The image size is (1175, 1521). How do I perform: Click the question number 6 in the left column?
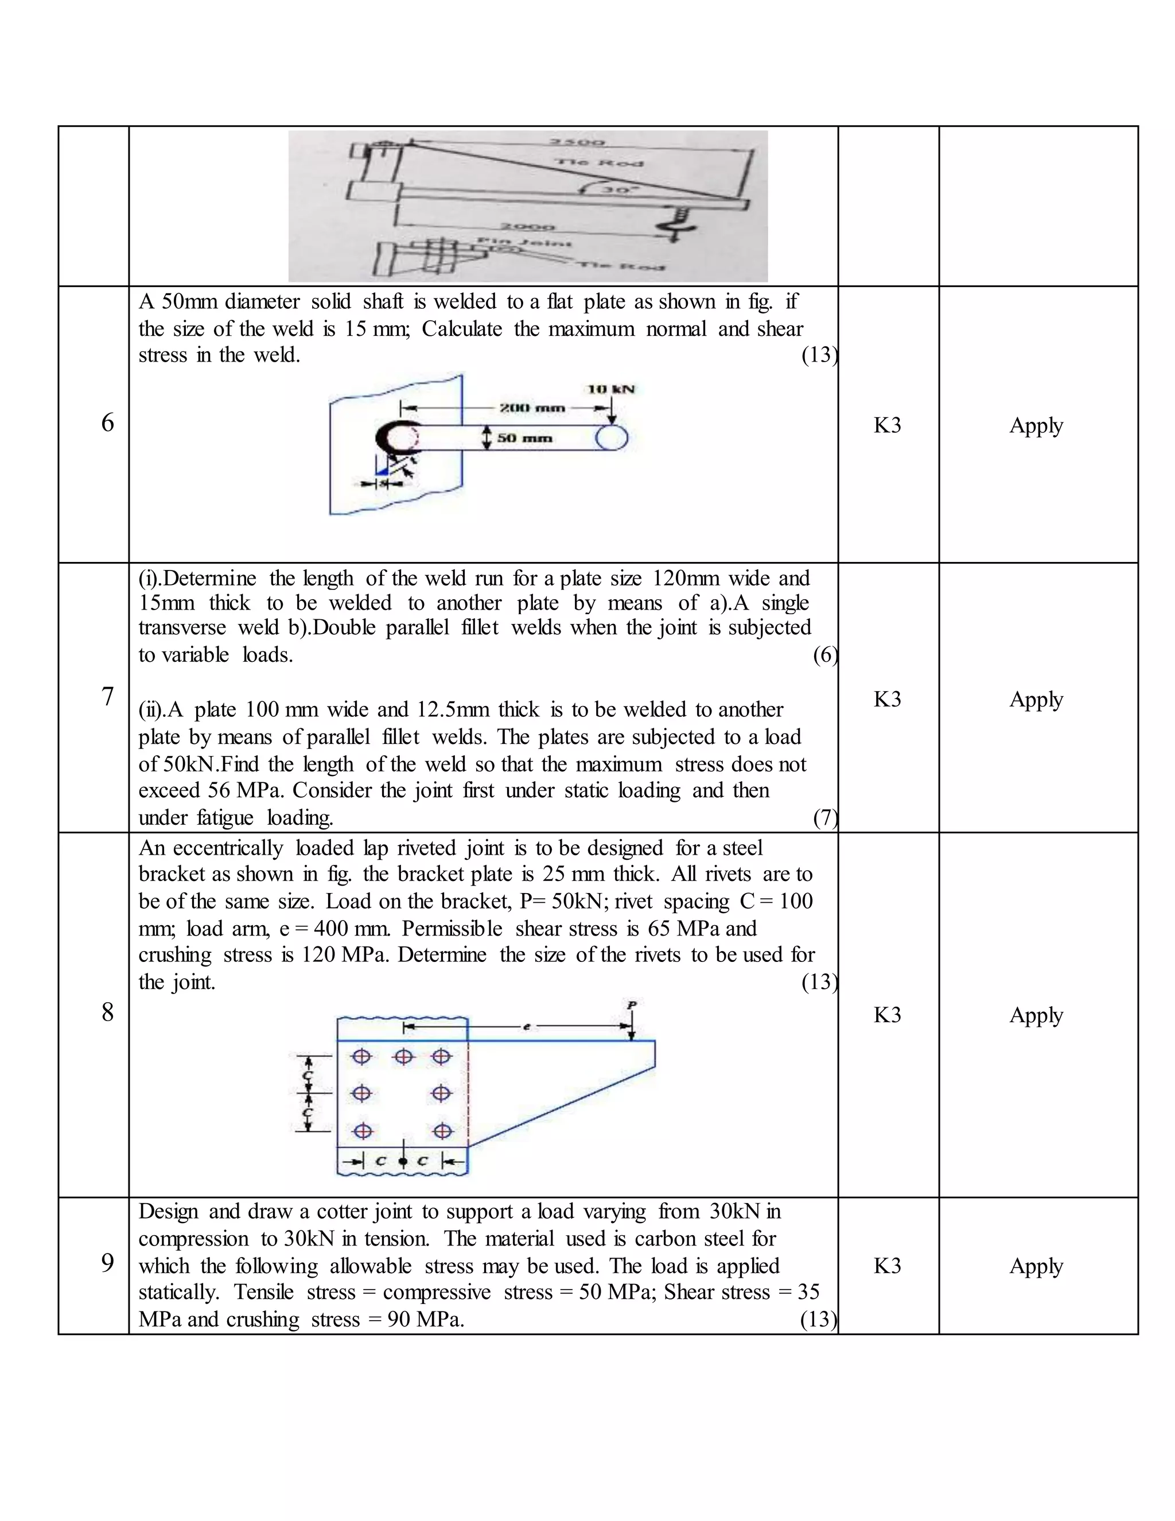[107, 423]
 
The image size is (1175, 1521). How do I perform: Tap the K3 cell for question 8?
[888, 1015]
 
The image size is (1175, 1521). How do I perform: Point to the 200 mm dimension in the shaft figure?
[532, 408]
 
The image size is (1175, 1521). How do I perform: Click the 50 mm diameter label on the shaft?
[525, 438]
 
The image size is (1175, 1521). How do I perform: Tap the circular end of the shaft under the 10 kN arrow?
[612, 438]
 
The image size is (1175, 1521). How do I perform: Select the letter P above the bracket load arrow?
[631, 1005]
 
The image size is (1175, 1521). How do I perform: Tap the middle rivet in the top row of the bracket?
[403, 1057]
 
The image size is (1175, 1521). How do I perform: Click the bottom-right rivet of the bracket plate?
[442, 1132]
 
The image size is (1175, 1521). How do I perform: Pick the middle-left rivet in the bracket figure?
[361, 1093]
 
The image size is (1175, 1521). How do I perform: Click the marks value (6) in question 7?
[825, 655]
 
